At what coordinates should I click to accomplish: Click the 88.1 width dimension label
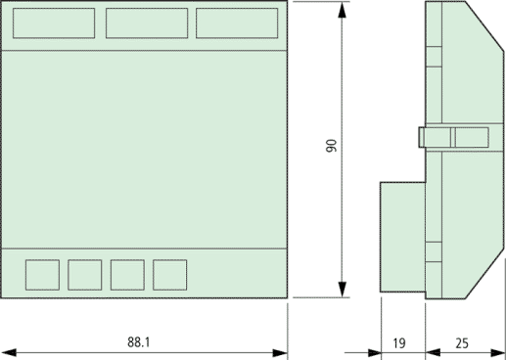tap(138, 342)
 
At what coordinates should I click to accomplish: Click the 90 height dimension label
tap(331, 146)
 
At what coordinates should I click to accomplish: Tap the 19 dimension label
tap(399, 343)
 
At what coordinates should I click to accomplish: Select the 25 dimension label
tap(462, 343)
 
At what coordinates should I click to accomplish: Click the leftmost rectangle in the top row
tap(54, 23)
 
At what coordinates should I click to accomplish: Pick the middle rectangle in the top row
tap(147, 23)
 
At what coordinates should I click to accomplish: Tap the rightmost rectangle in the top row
tap(237, 23)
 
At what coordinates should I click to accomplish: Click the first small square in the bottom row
tap(42, 275)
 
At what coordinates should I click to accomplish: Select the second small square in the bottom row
tap(85, 275)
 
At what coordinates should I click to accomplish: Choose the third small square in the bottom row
tap(127, 275)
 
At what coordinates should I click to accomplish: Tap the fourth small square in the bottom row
tap(169, 275)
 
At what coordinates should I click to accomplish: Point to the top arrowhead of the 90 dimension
tap(342, 10)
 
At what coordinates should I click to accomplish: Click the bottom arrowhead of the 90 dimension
tap(342, 290)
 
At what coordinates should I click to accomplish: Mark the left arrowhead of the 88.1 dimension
tap(9, 352)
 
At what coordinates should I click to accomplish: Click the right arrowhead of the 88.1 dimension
tap(280, 352)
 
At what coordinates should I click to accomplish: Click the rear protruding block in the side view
tap(402, 237)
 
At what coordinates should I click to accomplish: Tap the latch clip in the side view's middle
tap(453, 137)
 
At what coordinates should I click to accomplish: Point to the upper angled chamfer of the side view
tap(484, 26)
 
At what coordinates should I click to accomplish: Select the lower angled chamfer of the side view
tap(484, 275)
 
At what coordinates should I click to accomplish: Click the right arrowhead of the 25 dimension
tap(497, 352)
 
